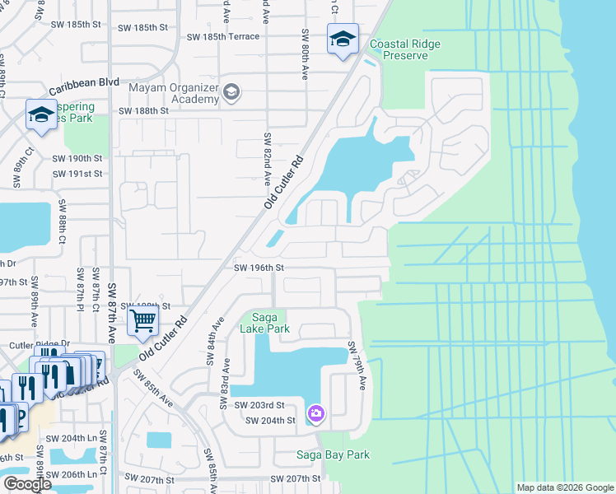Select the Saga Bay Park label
pyautogui.click(x=333, y=454)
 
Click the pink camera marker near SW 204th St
pyautogui.click(x=315, y=412)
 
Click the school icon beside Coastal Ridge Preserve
pyautogui.click(x=343, y=39)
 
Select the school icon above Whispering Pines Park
pyautogui.click(x=40, y=115)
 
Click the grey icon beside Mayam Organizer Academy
pyautogui.click(x=231, y=91)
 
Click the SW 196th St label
pyautogui.click(x=259, y=268)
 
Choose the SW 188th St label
pyautogui.click(x=143, y=110)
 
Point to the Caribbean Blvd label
pyautogui.click(x=84, y=85)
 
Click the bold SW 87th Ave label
pyautogui.click(x=113, y=323)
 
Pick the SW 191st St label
pyautogui.click(x=77, y=174)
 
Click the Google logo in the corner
pyautogui.click(x=27, y=484)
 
